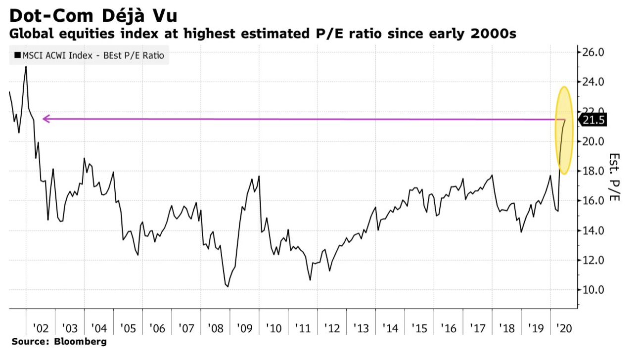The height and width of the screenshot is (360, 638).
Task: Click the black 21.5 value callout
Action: [594, 120]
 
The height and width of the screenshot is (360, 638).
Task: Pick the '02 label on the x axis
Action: [41, 328]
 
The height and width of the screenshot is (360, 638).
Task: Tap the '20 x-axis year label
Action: [564, 328]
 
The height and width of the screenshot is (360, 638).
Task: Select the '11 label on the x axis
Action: [303, 328]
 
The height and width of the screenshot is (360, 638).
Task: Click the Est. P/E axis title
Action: [614, 177]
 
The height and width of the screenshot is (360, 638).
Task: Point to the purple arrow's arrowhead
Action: [46, 119]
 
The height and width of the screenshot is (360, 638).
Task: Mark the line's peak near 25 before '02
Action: [26, 67]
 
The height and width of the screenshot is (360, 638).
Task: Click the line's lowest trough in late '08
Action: [227, 286]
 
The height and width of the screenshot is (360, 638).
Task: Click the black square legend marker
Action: [18, 56]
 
